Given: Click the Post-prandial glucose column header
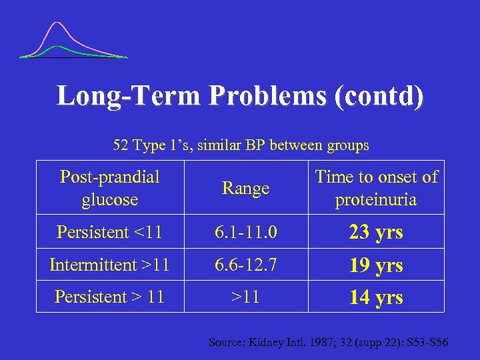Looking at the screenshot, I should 109,188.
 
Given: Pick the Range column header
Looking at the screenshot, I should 245,189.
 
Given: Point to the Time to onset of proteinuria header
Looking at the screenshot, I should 376,188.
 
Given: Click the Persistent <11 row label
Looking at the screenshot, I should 109,233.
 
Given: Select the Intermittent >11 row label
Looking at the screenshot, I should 109,265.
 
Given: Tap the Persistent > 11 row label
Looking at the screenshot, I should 109,297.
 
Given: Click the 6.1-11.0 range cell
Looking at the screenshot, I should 245,233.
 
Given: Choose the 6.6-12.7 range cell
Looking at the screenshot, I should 245,265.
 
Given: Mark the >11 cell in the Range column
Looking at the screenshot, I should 245,297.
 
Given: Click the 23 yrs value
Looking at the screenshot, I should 376,233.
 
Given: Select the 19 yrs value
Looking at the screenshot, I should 376,265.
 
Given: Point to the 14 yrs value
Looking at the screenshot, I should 376,297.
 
